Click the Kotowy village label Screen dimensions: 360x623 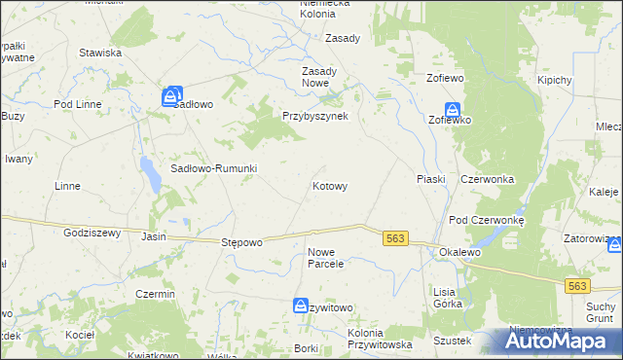[330, 185]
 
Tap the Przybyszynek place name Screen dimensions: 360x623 [321, 115]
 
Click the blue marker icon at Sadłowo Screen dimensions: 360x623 [171, 95]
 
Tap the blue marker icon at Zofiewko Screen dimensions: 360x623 [453, 111]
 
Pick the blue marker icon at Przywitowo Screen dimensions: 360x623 [301, 306]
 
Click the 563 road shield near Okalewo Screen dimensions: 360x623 [394, 238]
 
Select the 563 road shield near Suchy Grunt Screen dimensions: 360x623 [577, 285]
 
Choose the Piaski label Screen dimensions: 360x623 [430, 179]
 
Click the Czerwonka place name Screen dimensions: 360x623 [487, 179]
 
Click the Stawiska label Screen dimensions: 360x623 [100, 53]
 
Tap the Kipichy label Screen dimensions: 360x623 [552, 80]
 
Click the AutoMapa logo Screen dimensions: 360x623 [563, 341]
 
